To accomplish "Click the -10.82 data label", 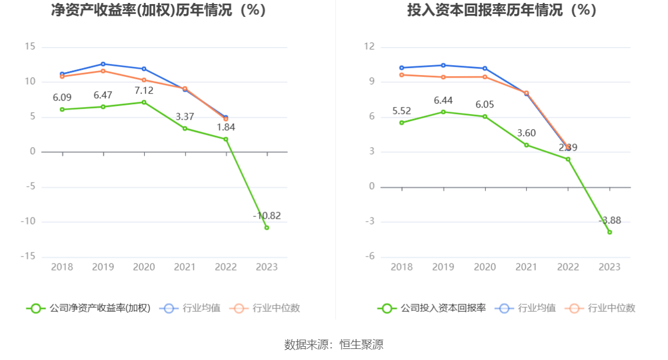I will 267,216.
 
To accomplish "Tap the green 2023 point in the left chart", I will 267,227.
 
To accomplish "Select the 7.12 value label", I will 144,91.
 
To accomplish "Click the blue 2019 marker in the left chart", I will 103,64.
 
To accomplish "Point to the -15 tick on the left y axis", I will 29,256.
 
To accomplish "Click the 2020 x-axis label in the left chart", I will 144,267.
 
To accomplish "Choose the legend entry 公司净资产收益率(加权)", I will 88,308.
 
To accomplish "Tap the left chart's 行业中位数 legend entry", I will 266,308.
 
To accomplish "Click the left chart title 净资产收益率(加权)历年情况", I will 158,10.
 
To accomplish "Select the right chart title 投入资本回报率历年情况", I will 502,10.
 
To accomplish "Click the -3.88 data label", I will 610,220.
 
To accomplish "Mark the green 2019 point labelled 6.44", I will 443,112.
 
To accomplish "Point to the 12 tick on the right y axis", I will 369,47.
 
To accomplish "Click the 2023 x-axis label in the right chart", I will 610,267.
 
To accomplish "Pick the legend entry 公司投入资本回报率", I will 432,308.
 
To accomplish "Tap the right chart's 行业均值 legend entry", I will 526,308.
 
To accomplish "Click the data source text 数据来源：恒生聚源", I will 334,344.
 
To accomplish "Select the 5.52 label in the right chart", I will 401,111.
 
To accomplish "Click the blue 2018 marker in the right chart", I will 401,68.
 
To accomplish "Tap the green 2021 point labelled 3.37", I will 185,128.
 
